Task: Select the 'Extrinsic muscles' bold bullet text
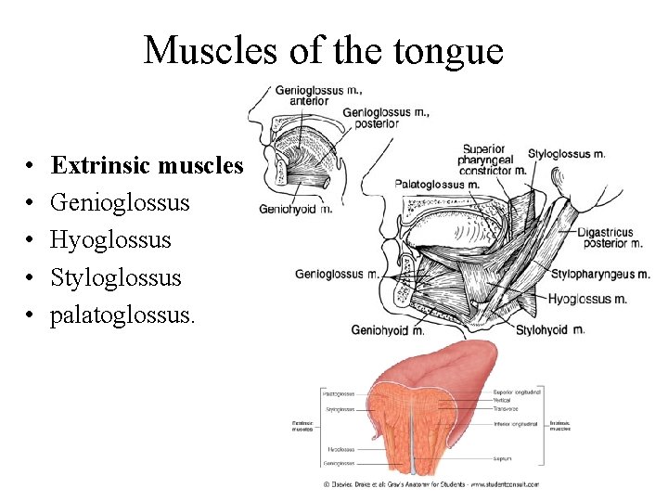point(147,165)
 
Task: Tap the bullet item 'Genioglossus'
point(120,202)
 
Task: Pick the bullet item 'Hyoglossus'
point(110,239)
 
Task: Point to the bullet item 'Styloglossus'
point(116,277)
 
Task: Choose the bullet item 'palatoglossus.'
point(122,315)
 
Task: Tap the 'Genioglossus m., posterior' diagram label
point(386,117)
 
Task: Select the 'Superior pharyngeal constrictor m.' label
point(494,159)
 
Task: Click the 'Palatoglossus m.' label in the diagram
point(437,184)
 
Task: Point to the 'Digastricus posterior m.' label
point(610,238)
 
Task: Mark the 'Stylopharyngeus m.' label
point(599,274)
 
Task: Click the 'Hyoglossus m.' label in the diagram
point(587,299)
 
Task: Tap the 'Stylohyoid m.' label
point(550,329)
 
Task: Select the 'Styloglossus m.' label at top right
point(566,153)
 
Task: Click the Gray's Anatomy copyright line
point(430,484)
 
